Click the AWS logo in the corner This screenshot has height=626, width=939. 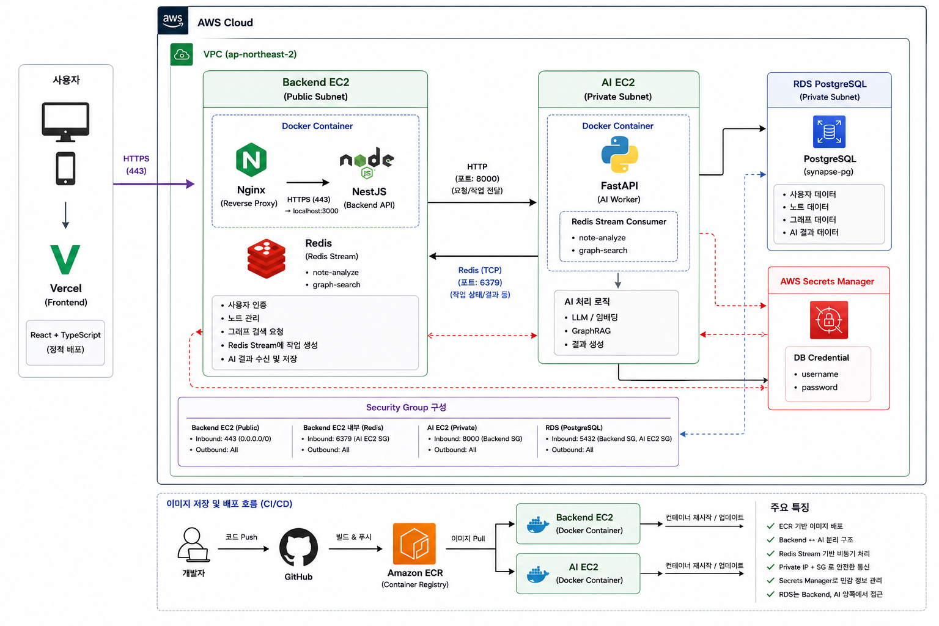tap(173, 20)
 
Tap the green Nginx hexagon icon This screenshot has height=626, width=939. tap(251, 160)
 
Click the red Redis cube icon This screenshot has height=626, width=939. tap(266, 259)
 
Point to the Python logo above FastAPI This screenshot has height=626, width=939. tap(619, 154)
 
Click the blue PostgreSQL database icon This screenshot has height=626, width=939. tap(829, 131)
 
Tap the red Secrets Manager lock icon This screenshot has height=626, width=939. tap(828, 320)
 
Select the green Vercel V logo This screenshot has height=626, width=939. tap(65, 259)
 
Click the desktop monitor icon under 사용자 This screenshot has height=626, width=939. tap(65, 122)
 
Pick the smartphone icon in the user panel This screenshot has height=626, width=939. tap(65, 169)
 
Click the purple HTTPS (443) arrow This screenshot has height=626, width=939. tap(154, 183)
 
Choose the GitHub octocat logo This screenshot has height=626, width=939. tap(298, 547)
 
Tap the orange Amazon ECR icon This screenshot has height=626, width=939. tap(414, 544)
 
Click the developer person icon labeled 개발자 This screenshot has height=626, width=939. tap(193, 545)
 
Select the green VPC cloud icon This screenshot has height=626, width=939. tap(182, 54)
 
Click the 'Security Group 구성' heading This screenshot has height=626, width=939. tap(406, 407)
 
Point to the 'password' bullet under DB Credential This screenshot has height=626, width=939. tap(819, 388)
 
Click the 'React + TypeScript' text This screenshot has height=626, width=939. tap(65, 335)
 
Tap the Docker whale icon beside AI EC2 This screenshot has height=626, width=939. tap(538, 574)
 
